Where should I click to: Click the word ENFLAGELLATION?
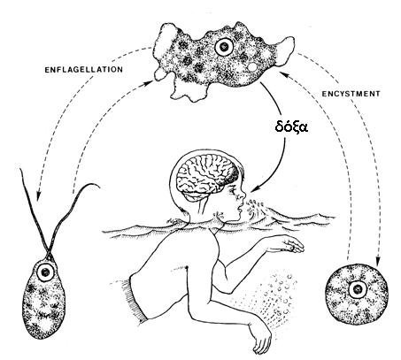(83, 70)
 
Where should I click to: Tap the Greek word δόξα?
(291, 127)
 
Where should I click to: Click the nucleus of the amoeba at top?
(224, 47)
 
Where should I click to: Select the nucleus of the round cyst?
(358, 289)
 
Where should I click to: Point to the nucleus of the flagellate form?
(45, 272)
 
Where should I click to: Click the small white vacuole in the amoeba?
(252, 67)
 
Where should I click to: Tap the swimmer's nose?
(243, 195)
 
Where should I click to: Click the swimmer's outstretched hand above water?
(291, 245)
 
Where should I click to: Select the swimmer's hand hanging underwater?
(262, 339)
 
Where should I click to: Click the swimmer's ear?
(220, 214)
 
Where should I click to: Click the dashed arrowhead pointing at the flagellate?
(38, 196)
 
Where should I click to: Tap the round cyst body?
(357, 291)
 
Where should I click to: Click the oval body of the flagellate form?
(43, 300)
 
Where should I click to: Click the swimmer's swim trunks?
(136, 299)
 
